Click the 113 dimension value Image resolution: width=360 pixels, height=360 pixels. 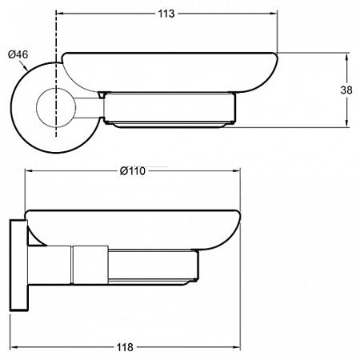[166, 14]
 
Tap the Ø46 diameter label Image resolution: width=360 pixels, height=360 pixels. [18, 54]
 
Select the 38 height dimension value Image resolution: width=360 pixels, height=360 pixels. [346, 90]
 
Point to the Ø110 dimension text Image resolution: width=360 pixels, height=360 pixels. [133, 171]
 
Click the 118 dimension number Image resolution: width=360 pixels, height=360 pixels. [125, 347]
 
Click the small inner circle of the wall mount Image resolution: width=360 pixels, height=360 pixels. [56, 107]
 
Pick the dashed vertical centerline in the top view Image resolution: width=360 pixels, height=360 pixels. [56, 74]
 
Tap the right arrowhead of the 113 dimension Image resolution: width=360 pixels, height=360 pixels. [274, 14]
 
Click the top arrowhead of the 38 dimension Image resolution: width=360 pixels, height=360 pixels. [346, 57]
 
